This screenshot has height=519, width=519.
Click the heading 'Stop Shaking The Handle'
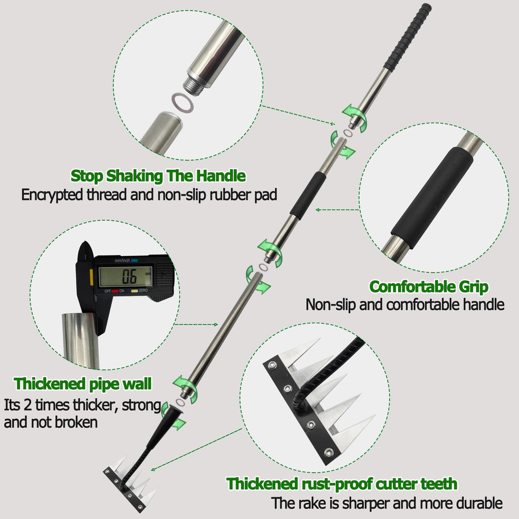158,176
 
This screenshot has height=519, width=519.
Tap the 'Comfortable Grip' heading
429,287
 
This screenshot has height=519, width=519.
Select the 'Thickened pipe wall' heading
83,384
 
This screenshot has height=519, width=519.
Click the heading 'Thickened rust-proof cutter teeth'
342,484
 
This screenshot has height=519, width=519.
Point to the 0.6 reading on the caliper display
129,277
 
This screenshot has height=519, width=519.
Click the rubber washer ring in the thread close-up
182,103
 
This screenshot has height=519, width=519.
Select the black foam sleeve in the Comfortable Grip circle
432,198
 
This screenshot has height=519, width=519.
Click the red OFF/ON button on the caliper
115,291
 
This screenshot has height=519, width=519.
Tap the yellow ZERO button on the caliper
135,291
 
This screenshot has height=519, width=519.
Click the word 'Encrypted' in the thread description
52,195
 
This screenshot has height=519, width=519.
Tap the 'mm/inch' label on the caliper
122,261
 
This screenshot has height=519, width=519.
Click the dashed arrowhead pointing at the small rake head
153,469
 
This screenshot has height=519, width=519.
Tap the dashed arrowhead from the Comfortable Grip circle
317,210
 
